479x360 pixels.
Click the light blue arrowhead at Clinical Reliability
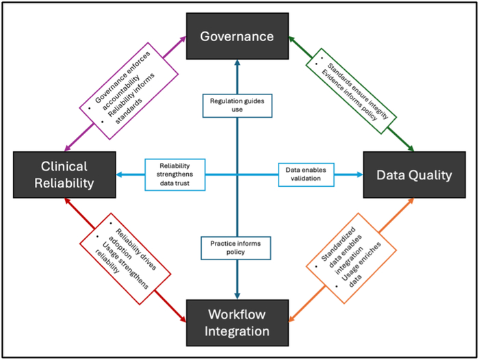(x=116, y=175)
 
